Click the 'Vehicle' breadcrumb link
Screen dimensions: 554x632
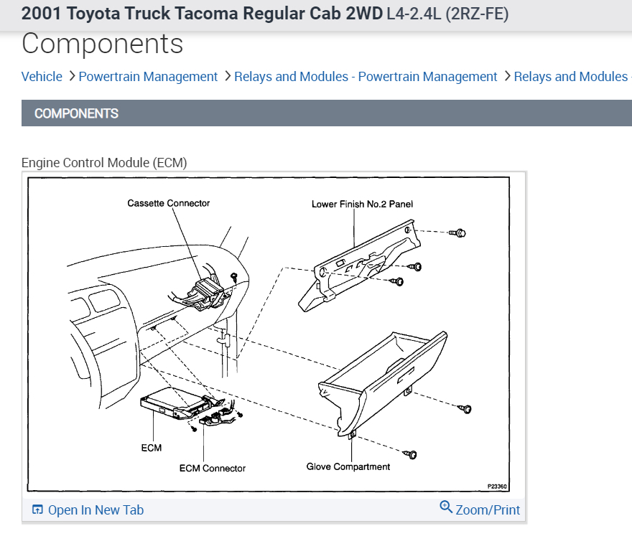pos(42,77)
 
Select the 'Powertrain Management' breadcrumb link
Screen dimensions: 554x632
pos(148,77)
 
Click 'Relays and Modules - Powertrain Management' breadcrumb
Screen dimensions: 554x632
pos(366,77)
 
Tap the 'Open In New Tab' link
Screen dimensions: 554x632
pos(96,510)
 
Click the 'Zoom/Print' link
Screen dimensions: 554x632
pos(488,510)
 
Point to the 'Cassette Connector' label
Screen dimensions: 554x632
pos(169,203)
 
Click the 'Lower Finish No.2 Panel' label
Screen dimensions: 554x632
pos(362,204)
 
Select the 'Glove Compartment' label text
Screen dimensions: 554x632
pos(348,466)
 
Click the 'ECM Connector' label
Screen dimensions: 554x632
pos(213,468)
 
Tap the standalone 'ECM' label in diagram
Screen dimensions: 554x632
pos(152,448)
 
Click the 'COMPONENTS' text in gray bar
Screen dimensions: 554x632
pos(76,113)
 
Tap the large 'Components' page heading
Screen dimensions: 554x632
pos(103,44)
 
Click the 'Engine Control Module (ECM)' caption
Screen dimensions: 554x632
pos(104,163)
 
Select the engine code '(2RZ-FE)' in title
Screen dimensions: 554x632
pos(477,14)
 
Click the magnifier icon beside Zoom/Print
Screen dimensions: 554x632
pos(446,508)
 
